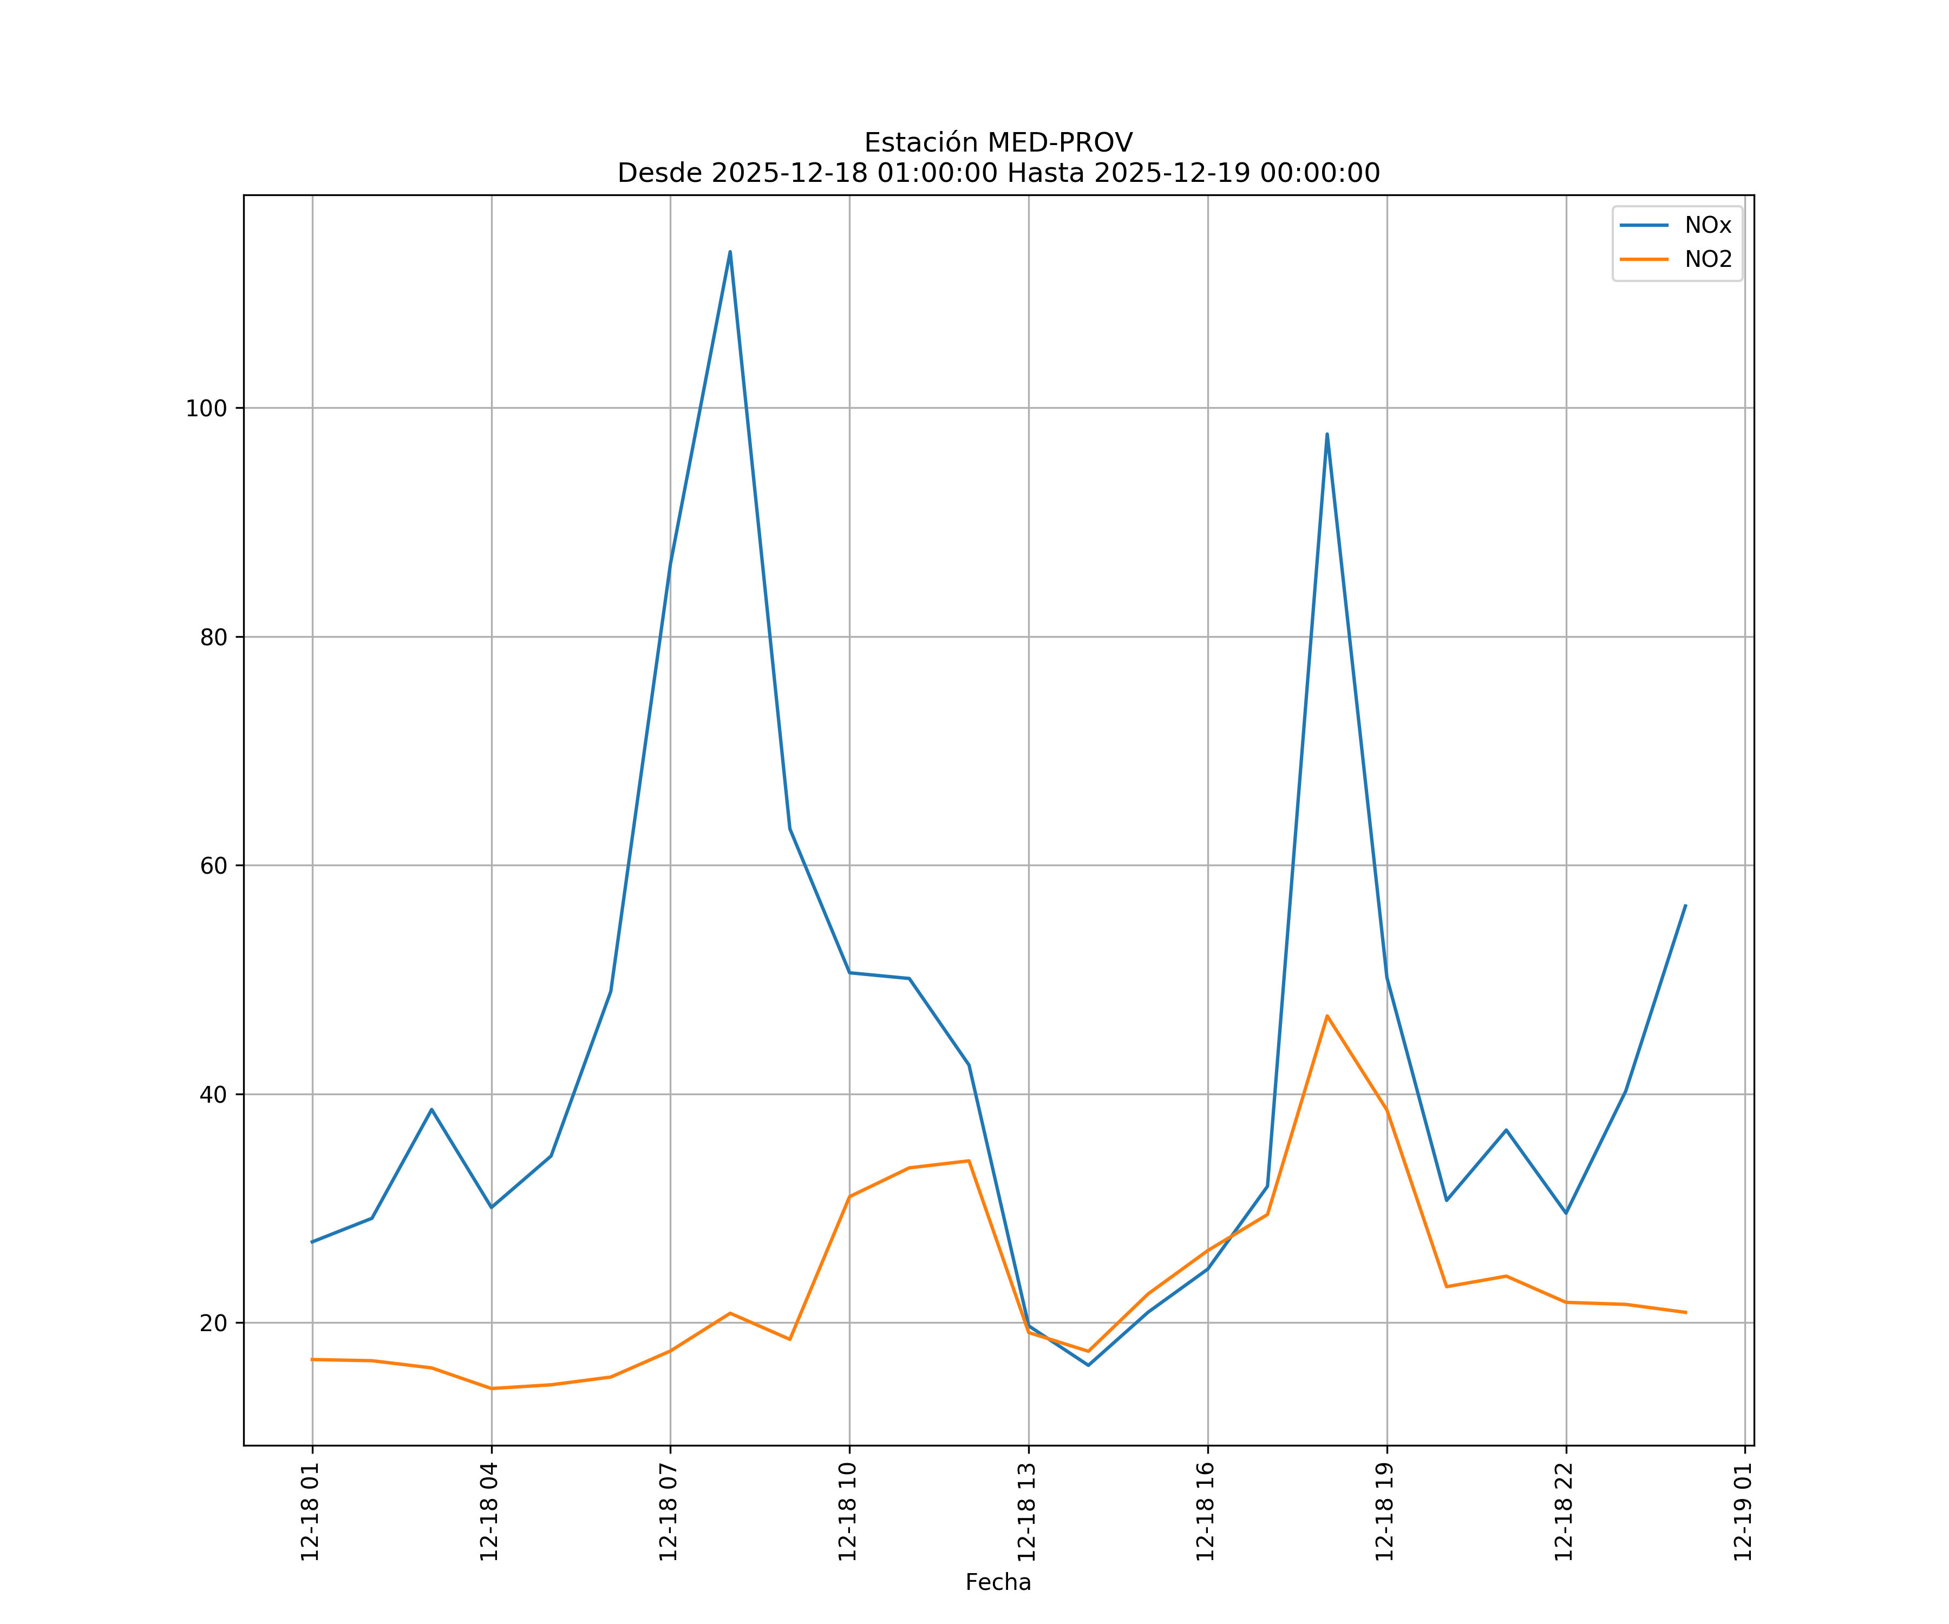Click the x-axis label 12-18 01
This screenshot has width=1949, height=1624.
[x=310, y=1512]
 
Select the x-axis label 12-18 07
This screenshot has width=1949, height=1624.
[x=668, y=1512]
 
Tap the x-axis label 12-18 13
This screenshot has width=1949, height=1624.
[x=1026, y=1512]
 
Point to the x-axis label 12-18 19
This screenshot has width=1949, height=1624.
[x=1385, y=1512]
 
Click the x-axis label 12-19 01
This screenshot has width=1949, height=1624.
[x=1743, y=1512]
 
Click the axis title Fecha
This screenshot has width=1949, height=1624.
[x=998, y=1582]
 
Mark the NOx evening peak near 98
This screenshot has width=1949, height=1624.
[x=1327, y=434]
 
